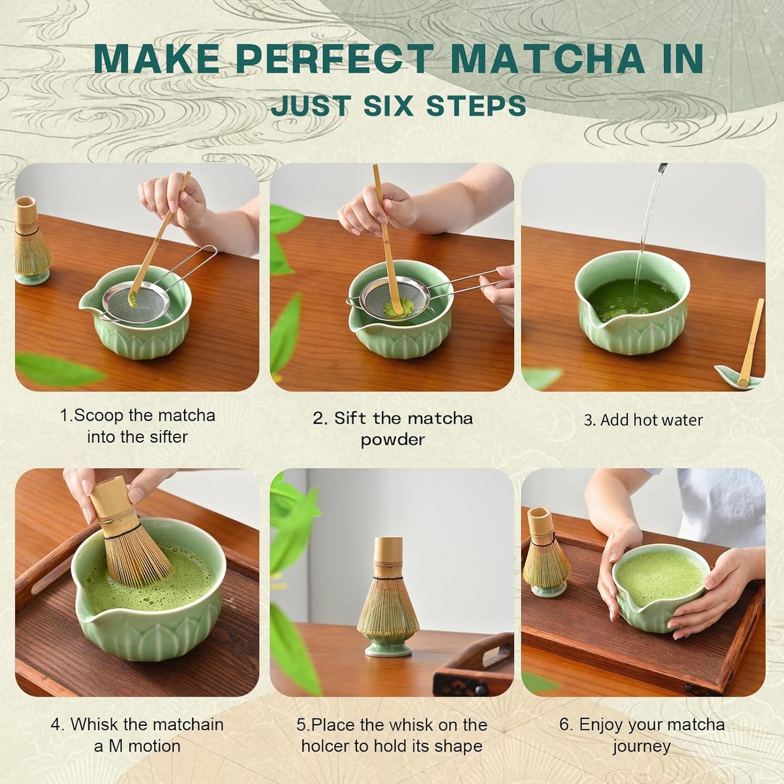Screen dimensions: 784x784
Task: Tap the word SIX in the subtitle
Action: tap(388, 106)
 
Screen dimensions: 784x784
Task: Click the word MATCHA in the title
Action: tap(548, 59)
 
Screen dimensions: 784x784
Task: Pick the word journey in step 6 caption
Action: tap(642, 747)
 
